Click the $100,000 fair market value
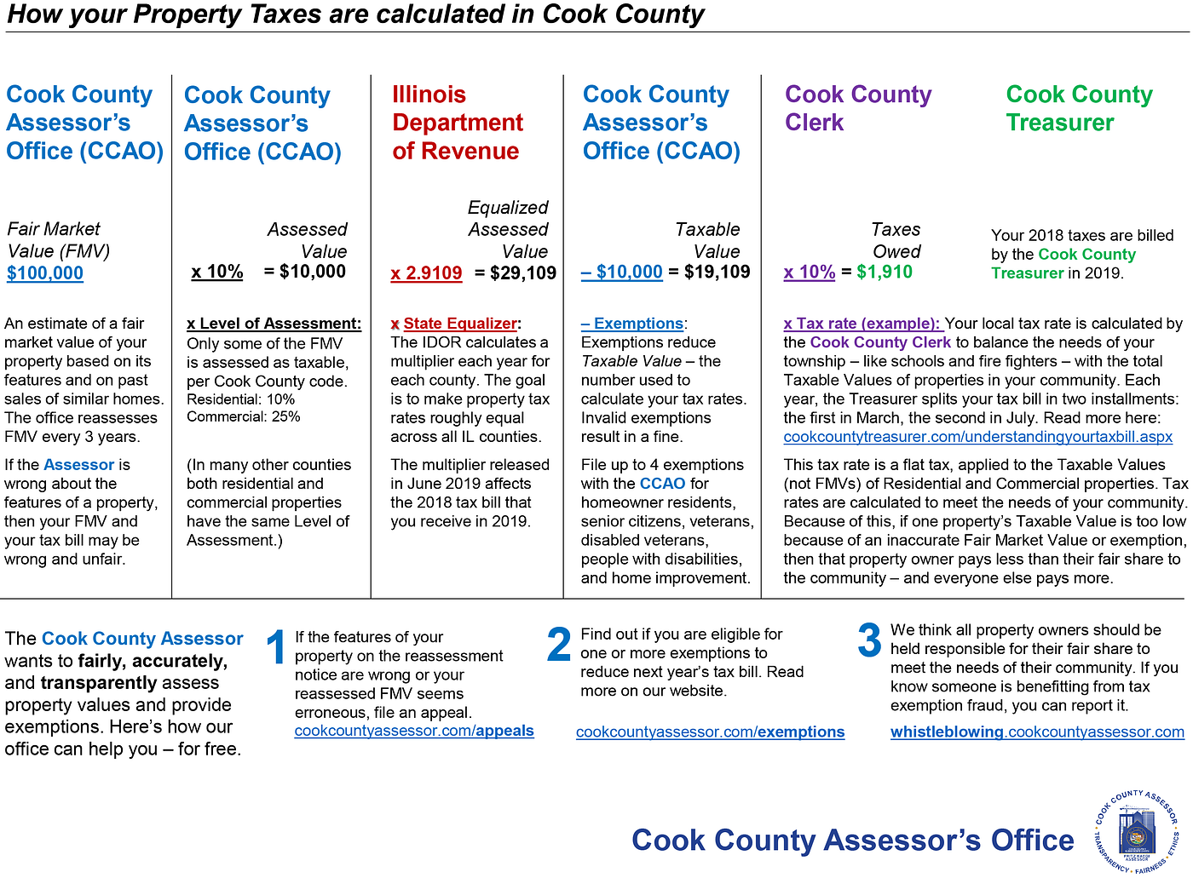(x=45, y=273)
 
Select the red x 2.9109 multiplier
(x=426, y=273)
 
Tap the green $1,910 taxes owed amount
(x=885, y=273)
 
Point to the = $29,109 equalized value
(x=516, y=273)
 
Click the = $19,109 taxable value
(x=710, y=273)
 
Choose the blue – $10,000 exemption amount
(x=622, y=273)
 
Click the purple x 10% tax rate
(x=810, y=273)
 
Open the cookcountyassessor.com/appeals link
(x=414, y=732)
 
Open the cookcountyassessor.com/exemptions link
(x=710, y=732)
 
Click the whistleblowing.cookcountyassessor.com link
(x=1037, y=732)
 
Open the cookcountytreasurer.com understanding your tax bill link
(x=977, y=437)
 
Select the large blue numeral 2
(x=558, y=645)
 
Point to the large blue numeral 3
(x=869, y=640)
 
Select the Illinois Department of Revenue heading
(x=458, y=123)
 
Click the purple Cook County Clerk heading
(x=858, y=108)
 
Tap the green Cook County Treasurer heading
(x=1079, y=108)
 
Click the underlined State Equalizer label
(x=460, y=324)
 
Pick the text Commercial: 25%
(x=244, y=417)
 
